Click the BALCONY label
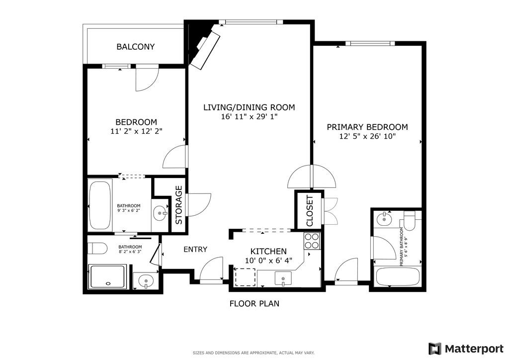[135, 47]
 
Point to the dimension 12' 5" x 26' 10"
[367, 136]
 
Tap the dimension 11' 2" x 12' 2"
[136, 131]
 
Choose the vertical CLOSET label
[309, 210]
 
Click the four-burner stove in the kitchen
[312, 241]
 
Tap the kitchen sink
[283, 279]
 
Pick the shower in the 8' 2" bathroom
[107, 276]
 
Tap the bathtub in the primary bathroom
[398, 276]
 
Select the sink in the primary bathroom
[383, 218]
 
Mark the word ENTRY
[195, 250]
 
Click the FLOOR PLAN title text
[254, 303]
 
